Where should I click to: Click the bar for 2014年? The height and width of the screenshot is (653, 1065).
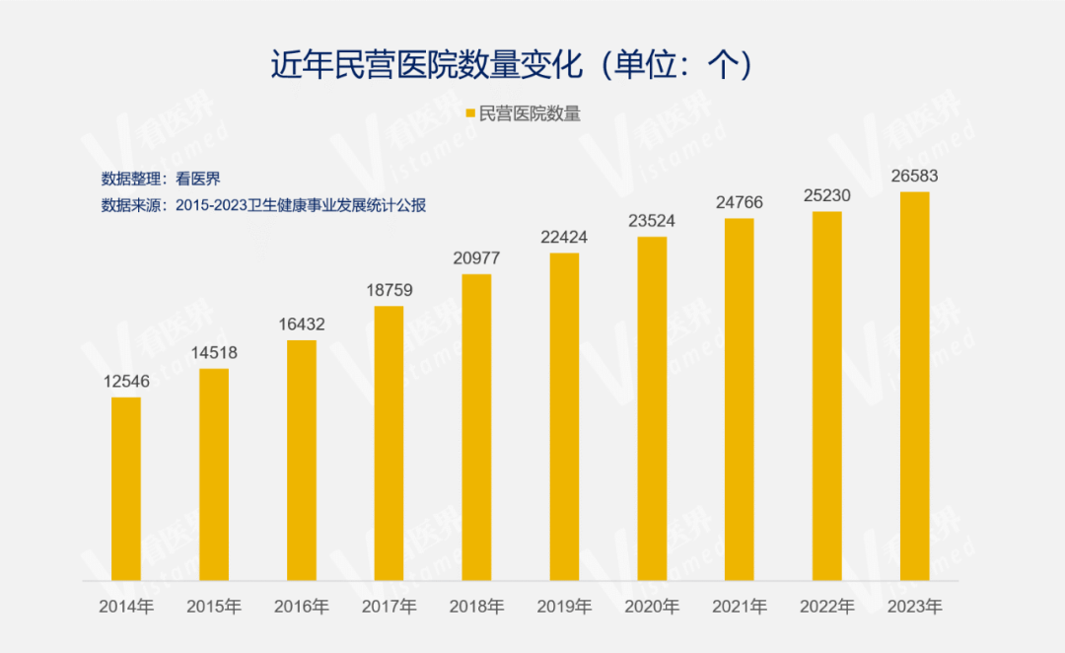126,488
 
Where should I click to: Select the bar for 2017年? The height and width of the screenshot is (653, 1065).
390,443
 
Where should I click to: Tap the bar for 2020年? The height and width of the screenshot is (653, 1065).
652,408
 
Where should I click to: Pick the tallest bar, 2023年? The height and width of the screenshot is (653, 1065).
915,386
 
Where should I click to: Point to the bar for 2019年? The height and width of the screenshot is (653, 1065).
564,416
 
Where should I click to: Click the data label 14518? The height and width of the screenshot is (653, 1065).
214,353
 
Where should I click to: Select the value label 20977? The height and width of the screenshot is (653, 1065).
476,258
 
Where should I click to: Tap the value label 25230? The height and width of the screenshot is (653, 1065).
827,195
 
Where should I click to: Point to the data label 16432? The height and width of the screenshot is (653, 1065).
302,325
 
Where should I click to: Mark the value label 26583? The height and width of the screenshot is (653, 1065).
915,177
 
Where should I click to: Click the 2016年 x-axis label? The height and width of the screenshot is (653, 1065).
302,607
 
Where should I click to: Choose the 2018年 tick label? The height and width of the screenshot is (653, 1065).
476,607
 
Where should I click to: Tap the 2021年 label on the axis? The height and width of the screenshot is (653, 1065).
740,607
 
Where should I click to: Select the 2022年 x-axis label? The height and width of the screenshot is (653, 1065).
827,607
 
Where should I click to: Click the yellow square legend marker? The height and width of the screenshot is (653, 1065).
470,113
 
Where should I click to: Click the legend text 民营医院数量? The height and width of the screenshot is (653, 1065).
530,113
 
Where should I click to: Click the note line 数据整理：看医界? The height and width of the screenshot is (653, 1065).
161,179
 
